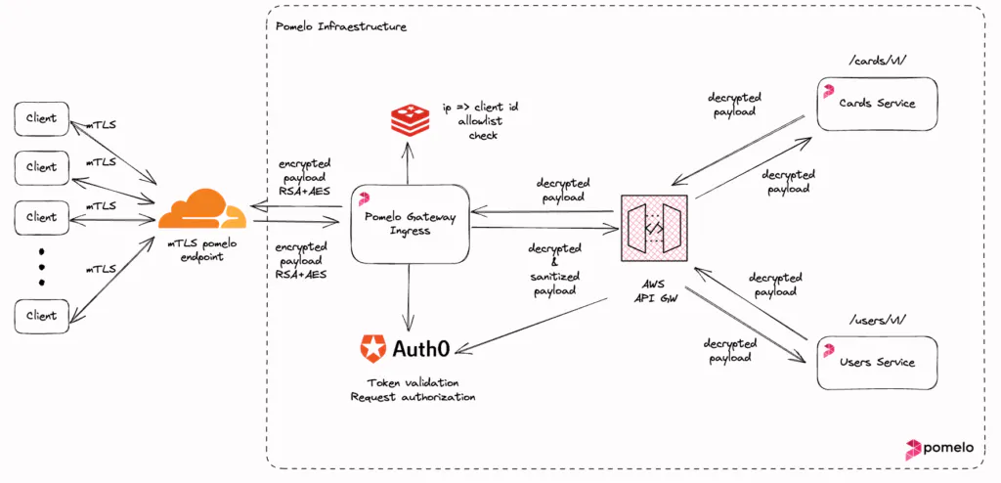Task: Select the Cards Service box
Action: pyautogui.click(x=877, y=103)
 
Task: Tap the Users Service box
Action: pyautogui.click(x=877, y=362)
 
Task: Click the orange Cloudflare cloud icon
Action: pyautogui.click(x=201, y=211)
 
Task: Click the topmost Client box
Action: pyautogui.click(x=42, y=118)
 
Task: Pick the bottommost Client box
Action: pyautogui.click(x=42, y=316)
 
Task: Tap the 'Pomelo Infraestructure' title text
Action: pyautogui.click(x=341, y=26)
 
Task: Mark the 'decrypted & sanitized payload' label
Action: pyautogui.click(x=553, y=269)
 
